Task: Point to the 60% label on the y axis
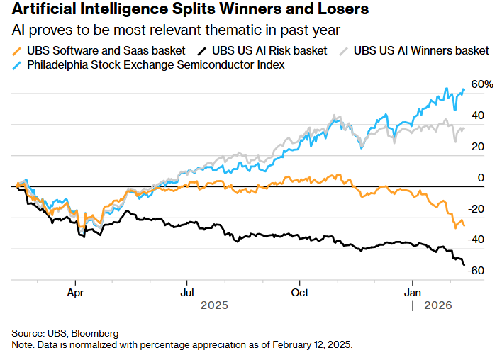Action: coord(481,84)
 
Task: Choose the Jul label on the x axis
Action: coord(187,291)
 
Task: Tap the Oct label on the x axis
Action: coord(300,291)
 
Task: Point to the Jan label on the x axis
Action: coord(413,291)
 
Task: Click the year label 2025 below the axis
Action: coord(213,305)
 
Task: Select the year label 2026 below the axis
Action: coord(437,305)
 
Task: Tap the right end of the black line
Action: coord(464,264)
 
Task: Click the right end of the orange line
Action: coord(464,225)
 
